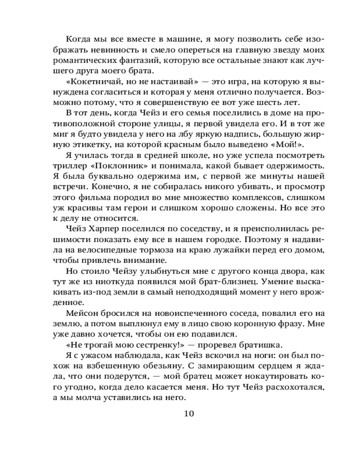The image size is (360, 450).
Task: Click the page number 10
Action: point(189,414)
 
